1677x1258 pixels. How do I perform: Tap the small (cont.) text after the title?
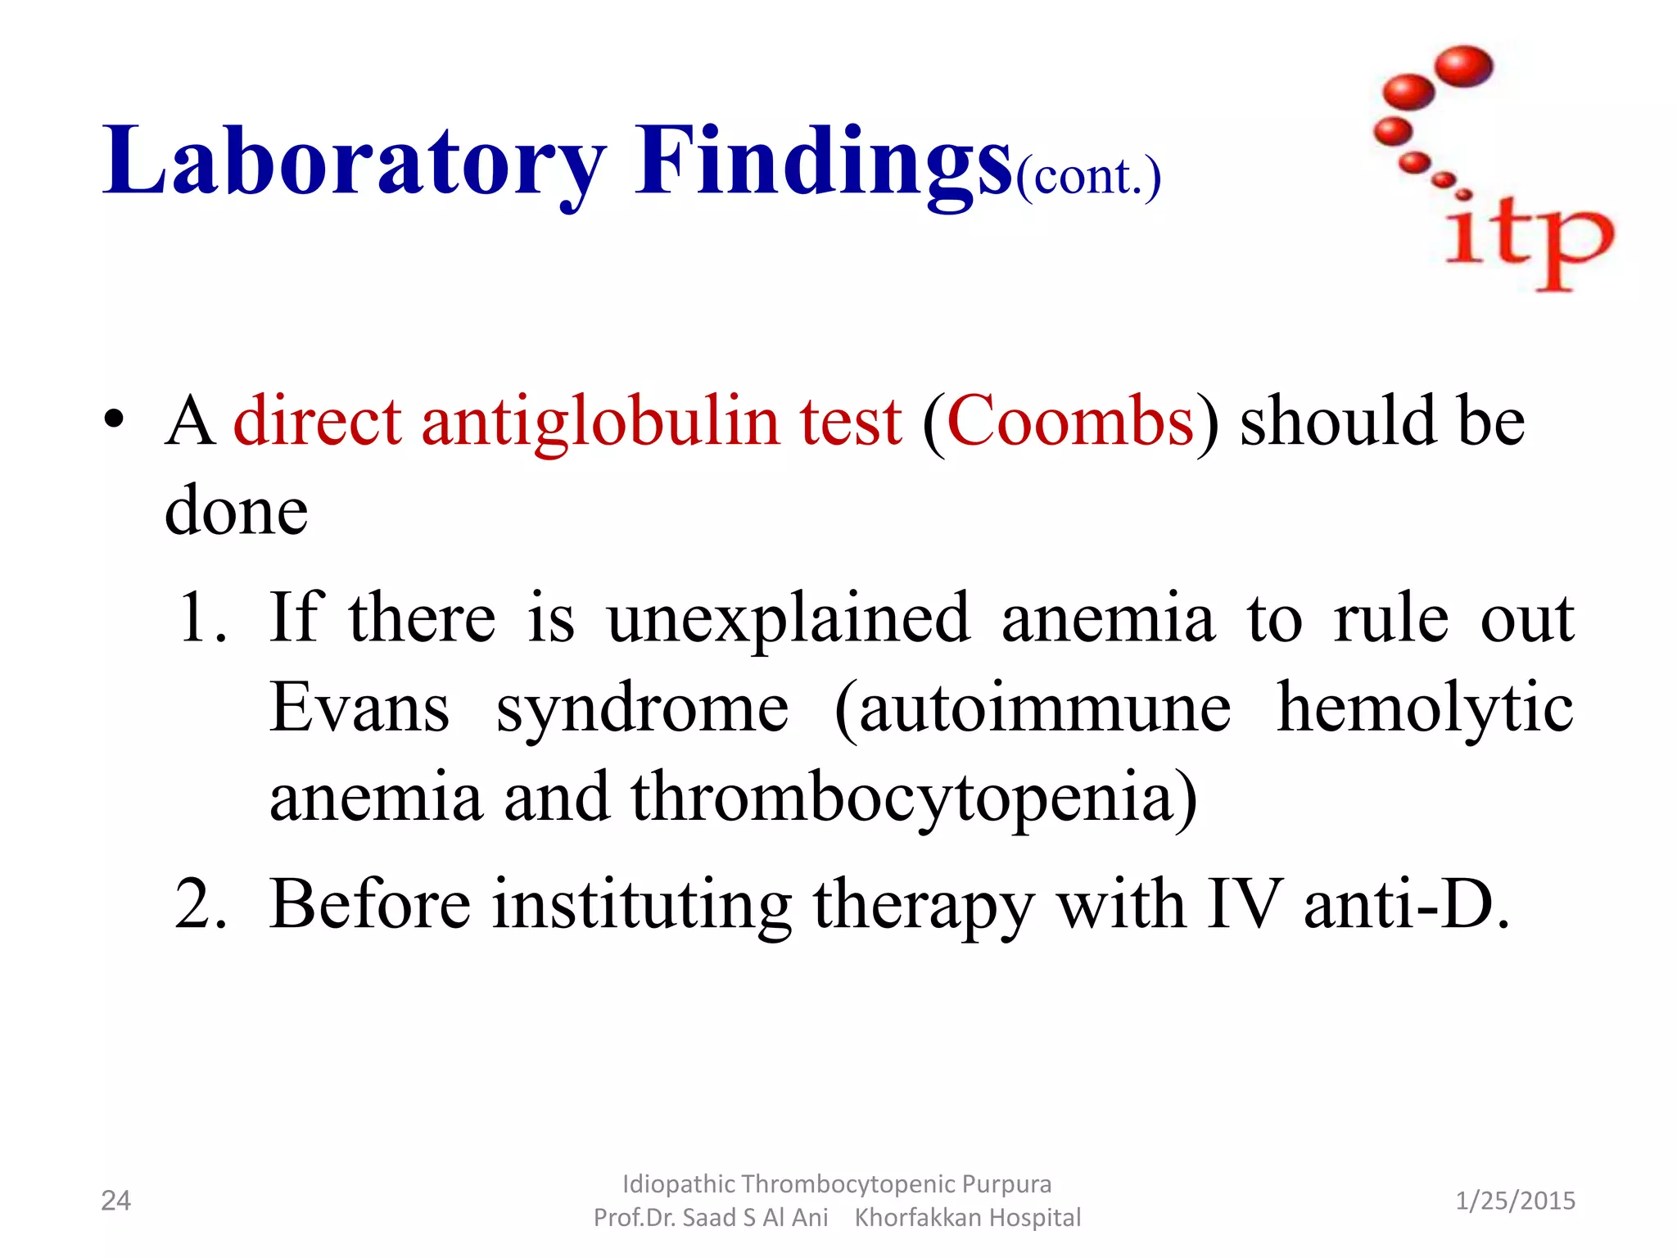[1088, 176]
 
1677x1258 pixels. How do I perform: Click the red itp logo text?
[1528, 242]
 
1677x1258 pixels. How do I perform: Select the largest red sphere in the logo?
[1465, 66]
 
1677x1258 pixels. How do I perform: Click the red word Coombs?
[1069, 420]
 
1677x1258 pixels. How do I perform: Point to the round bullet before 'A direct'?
[114, 419]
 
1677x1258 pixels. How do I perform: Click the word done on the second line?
[236, 509]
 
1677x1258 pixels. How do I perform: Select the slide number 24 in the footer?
[115, 1201]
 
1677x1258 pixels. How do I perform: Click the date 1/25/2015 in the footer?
[1515, 1201]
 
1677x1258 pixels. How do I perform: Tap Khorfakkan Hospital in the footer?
[967, 1218]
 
